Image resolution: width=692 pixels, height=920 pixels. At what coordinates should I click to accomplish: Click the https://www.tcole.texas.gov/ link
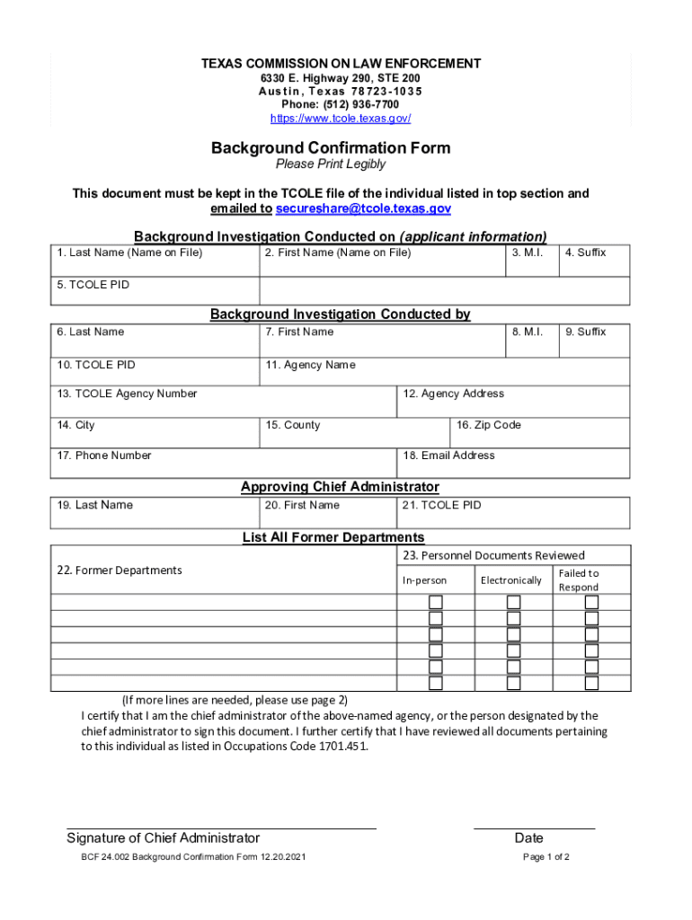[341, 119]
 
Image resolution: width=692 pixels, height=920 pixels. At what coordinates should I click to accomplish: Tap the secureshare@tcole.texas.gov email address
[363, 208]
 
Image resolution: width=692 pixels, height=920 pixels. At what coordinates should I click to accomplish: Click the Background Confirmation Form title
[331, 147]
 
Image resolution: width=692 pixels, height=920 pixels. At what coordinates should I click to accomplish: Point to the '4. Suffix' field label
[585, 252]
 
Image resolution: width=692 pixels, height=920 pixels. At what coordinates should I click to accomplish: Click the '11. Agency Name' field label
[310, 365]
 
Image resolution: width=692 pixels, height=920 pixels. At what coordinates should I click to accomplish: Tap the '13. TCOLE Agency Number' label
[127, 394]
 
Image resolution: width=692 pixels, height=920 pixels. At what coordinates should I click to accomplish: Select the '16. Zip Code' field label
[488, 425]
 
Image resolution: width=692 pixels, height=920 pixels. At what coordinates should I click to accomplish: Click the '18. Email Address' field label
[448, 456]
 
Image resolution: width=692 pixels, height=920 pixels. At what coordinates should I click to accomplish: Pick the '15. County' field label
[293, 425]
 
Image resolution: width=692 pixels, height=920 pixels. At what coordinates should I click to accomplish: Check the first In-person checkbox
[436, 602]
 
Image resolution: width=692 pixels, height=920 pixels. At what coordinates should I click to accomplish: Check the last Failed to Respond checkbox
[591, 683]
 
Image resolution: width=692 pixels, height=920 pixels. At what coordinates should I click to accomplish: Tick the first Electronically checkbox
[513, 602]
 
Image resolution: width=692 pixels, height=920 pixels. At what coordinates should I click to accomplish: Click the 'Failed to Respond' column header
[579, 579]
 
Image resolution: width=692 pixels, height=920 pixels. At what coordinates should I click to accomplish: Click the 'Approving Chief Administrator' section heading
[340, 487]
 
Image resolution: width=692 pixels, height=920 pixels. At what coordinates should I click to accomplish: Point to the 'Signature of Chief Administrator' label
[164, 838]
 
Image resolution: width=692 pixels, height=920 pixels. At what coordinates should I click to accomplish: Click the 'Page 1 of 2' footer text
[546, 857]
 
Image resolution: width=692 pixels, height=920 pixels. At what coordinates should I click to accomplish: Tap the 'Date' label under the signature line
[528, 838]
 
